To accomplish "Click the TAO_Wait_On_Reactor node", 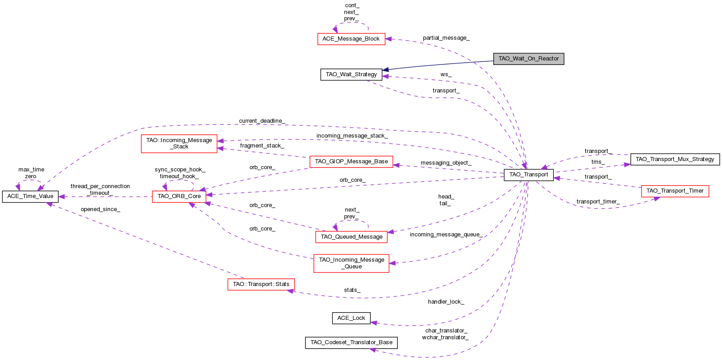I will point(528,59).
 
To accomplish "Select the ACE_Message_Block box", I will point(351,39).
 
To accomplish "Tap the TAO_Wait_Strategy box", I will point(351,74).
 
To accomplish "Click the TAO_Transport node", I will point(528,175).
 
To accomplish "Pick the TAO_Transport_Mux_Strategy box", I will point(674,159).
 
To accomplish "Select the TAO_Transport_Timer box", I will point(674,191).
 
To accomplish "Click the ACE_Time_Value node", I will point(30,196).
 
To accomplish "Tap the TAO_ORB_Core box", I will point(179,196).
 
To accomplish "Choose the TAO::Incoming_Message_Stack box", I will point(179,143).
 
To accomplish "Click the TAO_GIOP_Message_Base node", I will point(351,162).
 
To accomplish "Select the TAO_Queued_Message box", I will point(351,237).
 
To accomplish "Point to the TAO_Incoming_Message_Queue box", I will point(351,263).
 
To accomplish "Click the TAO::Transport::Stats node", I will point(261,284).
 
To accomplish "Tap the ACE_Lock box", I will point(351,318).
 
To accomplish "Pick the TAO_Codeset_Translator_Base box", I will point(351,342).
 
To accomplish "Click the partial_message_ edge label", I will point(446,38).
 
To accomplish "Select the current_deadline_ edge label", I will point(262,121).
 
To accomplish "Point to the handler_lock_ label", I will point(446,302).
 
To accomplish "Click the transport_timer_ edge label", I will point(598,202).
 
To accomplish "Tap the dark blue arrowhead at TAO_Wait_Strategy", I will point(386,70).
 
